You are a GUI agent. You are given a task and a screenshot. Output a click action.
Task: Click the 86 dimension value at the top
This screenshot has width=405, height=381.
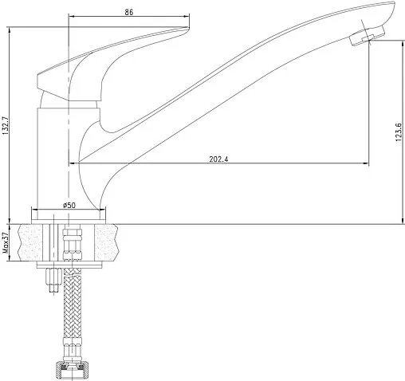pos(128,12)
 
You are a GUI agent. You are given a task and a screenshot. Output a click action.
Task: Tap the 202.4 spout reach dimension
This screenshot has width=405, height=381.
pos(218,159)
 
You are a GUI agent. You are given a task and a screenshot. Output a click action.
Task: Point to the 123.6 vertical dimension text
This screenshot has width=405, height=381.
pos(399,132)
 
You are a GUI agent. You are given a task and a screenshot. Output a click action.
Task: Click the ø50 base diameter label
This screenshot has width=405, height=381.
pos(69,205)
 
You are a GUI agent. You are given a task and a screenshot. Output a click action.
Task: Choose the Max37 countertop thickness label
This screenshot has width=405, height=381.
pos(6,242)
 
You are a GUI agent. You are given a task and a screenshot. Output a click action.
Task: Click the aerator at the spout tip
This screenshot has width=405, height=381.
pos(367,35)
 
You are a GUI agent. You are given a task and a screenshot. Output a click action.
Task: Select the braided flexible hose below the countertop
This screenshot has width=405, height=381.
pos(72,303)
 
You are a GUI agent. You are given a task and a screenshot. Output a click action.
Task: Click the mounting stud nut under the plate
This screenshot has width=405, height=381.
pos(53,277)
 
